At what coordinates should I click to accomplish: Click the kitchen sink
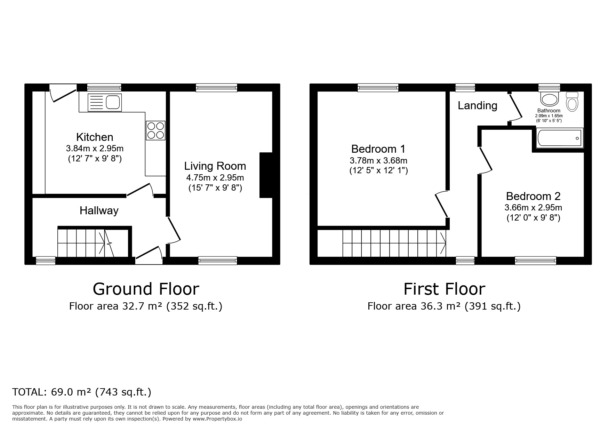tap(104, 103)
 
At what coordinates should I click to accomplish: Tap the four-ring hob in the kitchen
tap(155, 130)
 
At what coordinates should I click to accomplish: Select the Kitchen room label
tap(95, 137)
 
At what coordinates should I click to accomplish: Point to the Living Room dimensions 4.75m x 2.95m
tap(215, 178)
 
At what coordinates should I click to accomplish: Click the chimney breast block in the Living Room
tap(266, 175)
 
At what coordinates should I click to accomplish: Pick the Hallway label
tap(99, 210)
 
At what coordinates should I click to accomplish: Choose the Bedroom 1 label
tap(378, 149)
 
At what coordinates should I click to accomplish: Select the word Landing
tap(477, 105)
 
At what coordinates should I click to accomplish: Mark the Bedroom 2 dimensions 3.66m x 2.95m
tap(533, 208)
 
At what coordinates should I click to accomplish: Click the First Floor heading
tap(444, 289)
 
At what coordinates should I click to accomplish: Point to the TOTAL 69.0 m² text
tap(82, 392)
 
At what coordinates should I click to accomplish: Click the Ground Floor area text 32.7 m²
tap(145, 306)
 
